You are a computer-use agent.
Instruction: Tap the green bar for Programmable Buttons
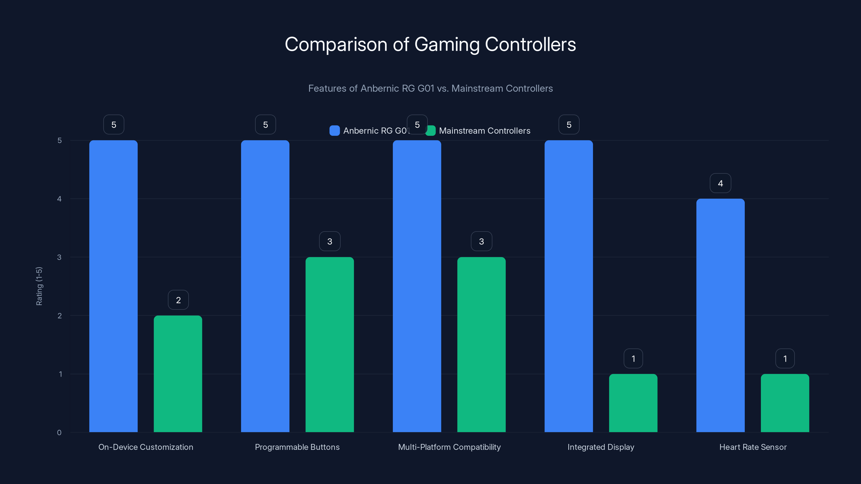(x=330, y=344)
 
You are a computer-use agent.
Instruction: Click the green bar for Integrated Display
(x=633, y=403)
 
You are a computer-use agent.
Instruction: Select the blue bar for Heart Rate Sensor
(x=720, y=315)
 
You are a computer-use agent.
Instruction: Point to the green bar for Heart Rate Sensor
(x=785, y=403)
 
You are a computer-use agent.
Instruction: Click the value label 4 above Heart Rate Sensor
(x=720, y=183)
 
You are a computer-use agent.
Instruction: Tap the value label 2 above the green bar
(x=178, y=300)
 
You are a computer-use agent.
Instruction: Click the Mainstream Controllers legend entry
(x=484, y=131)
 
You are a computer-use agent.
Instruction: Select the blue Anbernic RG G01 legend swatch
(x=334, y=131)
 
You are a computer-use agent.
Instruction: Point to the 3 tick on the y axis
(x=59, y=257)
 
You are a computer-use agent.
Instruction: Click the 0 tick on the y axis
(x=59, y=433)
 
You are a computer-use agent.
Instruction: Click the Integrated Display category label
(x=601, y=447)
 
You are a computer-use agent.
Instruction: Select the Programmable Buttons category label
(x=297, y=447)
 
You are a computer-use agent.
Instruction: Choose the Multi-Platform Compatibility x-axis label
(x=449, y=447)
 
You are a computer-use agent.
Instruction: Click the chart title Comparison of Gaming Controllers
(x=430, y=44)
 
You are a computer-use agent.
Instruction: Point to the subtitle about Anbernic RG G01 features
(x=430, y=88)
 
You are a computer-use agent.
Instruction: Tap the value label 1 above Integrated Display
(x=633, y=359)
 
